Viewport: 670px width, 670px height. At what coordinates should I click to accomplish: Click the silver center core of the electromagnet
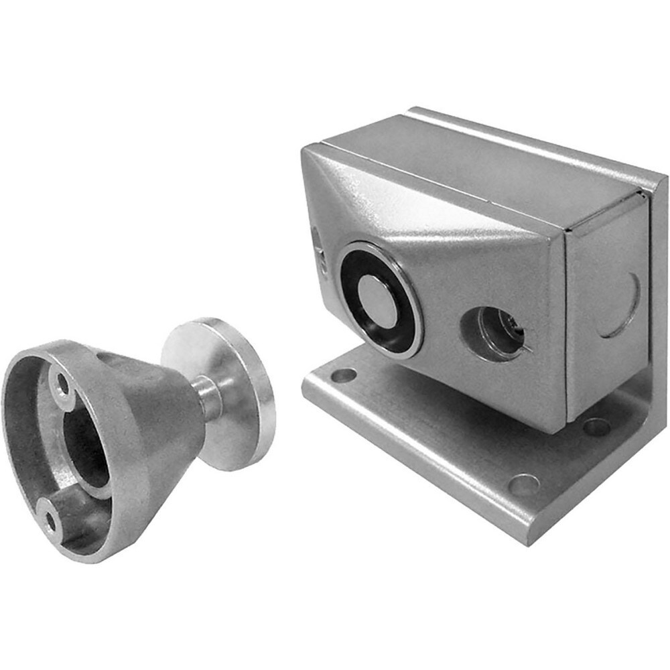377,301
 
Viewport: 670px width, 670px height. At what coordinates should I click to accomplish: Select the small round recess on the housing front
493,333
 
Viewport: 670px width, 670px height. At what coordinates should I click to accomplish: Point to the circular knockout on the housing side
619,305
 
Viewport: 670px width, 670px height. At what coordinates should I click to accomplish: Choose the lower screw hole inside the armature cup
48,516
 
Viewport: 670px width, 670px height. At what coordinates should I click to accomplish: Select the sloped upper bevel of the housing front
415,201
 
